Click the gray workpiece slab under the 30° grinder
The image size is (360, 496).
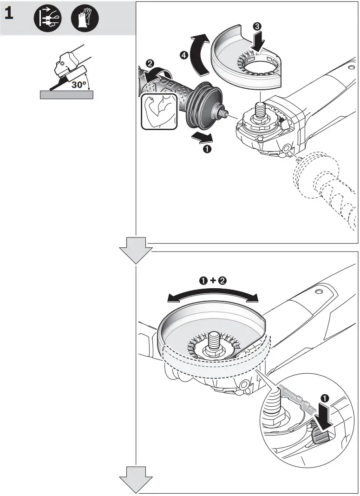coord(66,95)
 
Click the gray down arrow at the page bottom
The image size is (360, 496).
coord(136,479)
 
